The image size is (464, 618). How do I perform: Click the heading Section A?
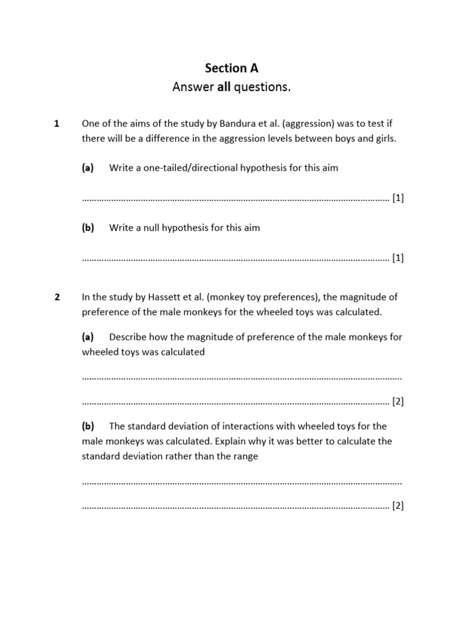click(x=231, y=68)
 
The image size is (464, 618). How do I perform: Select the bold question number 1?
click(x=56, y=124)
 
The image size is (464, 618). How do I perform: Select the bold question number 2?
click(x=57, y=297)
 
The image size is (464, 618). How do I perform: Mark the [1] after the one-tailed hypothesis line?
click(x=398, y=198)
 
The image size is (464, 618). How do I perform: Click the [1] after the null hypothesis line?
click(x=398, y=258)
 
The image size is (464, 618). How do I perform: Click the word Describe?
click(x=129, y=337)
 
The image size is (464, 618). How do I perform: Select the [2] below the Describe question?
click(x=398, y=401)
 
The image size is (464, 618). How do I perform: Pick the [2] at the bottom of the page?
click(x=398, y=506)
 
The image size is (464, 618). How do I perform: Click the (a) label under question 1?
click(x=88, y=168)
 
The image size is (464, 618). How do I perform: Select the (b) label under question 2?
click(x=88, y=426)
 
